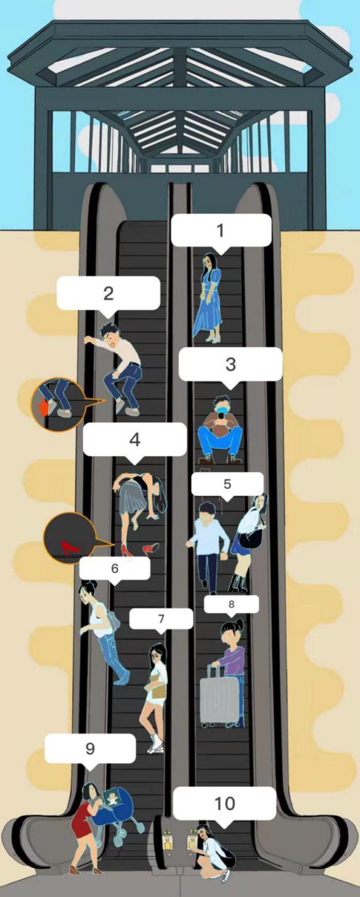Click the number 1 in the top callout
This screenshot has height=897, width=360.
(220, 230)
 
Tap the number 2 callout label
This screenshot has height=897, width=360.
(108, 293)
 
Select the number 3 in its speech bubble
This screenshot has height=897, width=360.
(230, 364)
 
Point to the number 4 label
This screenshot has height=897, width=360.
(135, 439)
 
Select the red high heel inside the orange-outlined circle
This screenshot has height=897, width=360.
(67, 547)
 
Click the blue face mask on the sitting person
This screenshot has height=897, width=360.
(223, 409)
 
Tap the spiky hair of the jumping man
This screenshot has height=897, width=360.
(110, 330)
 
